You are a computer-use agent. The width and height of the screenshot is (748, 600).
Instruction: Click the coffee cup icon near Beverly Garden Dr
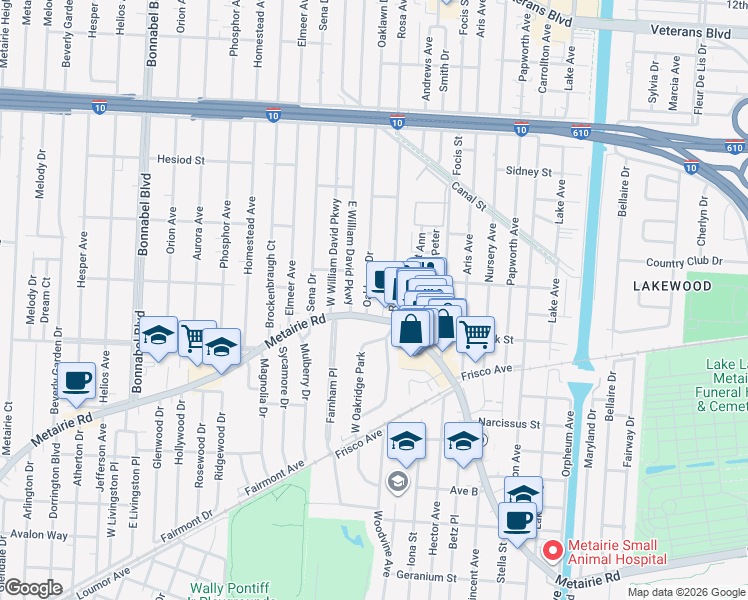click(77, 381)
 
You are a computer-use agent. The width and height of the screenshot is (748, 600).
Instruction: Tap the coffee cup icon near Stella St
click(517, 520)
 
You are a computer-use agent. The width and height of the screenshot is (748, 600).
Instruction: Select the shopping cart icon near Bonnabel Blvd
click(196, 339)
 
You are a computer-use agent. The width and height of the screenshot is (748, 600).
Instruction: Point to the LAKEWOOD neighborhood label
click(672, 286)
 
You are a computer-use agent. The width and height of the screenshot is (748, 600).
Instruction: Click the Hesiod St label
click(181, 159)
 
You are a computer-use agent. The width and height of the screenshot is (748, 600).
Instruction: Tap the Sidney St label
click(528, 172)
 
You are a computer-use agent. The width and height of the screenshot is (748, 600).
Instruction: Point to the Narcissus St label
click(510, 423)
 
